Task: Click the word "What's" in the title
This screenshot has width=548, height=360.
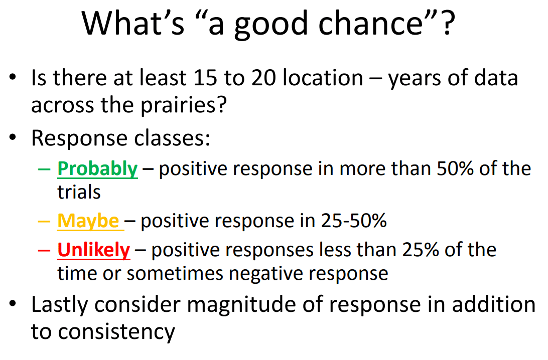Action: click(x=133, y=23)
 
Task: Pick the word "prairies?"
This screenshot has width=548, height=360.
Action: click(x=184, y=105)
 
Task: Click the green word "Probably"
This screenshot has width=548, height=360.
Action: click(x=97, y=169)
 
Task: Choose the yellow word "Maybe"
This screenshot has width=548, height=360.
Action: click(x=88, y=222)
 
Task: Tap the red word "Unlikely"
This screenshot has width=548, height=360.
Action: click(x=94, y=250)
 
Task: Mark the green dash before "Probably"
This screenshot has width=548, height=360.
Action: click(x=44, y=169)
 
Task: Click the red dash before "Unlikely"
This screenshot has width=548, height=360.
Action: click(x=44, y=250)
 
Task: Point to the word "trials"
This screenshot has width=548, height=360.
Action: click(x=79, y=192)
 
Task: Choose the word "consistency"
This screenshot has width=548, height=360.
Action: click(x=116, y=332)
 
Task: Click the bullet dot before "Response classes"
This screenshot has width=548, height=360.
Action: click(x=13, y=138)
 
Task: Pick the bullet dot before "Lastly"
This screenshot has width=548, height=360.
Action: click(x=13, y=304)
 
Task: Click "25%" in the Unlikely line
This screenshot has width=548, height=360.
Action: click(x=421, y=250)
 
